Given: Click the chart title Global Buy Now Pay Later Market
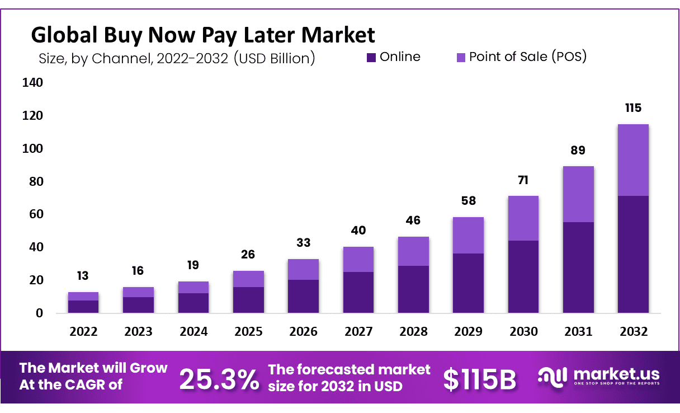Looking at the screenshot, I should tap(202, 35).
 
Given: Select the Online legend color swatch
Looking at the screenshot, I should tap(371, 57).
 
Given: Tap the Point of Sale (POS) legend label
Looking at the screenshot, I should tap(527, 57).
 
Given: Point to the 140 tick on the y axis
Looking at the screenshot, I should tap(32, 83).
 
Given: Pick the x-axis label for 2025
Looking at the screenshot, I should tap(248, 331).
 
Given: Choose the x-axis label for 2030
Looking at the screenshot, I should tap(523, 331).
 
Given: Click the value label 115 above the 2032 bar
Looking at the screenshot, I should tap(633, 108).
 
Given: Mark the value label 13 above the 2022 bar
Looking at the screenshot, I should tap(83, 276).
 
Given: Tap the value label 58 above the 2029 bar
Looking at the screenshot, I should tap(468, 201).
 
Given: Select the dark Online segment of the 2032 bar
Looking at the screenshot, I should tap(633, 254).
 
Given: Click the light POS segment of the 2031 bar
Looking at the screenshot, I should tap(578, 194).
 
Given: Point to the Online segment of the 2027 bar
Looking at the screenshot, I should tap(358, 292).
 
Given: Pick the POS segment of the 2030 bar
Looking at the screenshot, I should tap(523, 218).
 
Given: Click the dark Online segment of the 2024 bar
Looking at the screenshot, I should tap(193, 303).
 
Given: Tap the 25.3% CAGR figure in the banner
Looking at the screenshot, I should tap(219, 379).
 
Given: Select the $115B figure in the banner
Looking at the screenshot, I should tap(479, 379).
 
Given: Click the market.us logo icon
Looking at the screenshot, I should tap(552, 377).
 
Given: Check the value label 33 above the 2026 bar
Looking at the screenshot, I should tap(304, 243).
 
